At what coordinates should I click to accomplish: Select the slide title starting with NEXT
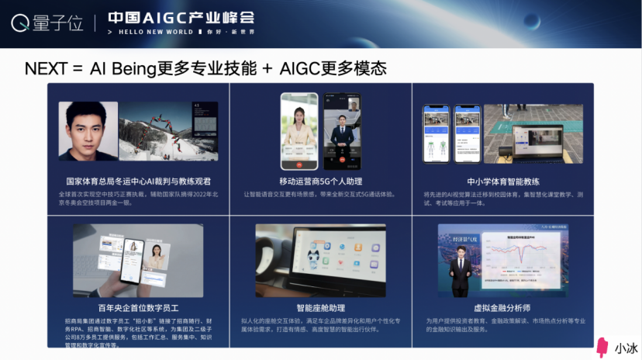(x=205, y=67)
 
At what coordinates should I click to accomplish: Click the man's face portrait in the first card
(x=88, y=131)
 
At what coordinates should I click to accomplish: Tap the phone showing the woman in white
(x=299, y=132)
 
